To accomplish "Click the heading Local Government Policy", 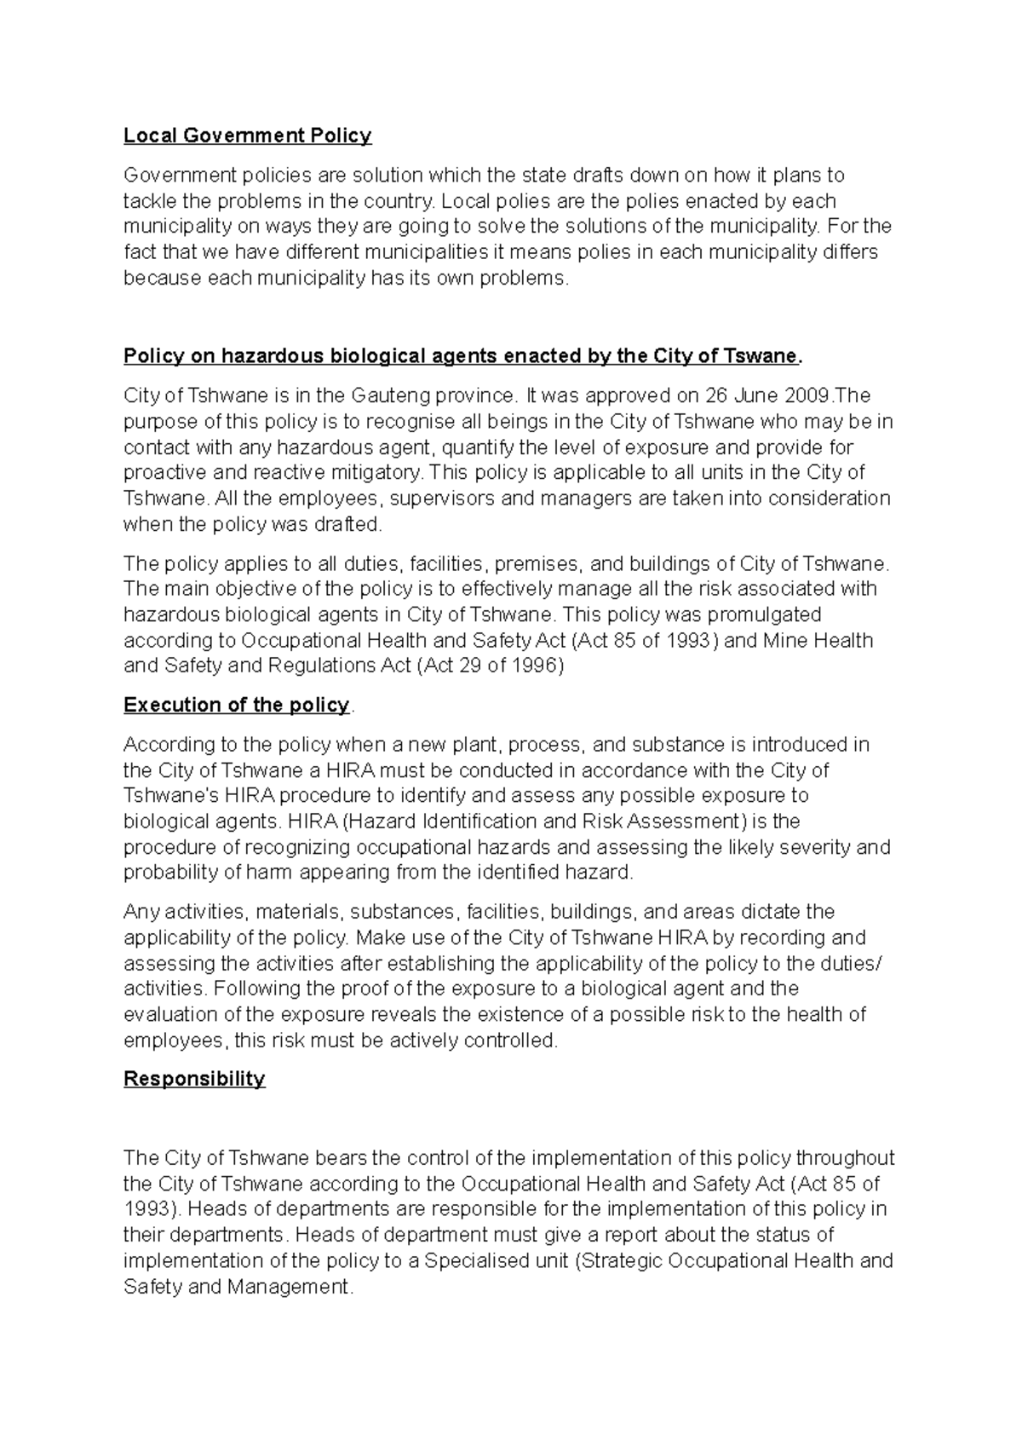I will coord(247,135).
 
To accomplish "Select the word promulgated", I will coord(757,614).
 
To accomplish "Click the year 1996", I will coord(534,666).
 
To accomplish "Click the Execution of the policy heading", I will coord(236,706).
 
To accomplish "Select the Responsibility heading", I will coord(194,1079).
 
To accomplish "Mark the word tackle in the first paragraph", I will coord(150,201).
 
